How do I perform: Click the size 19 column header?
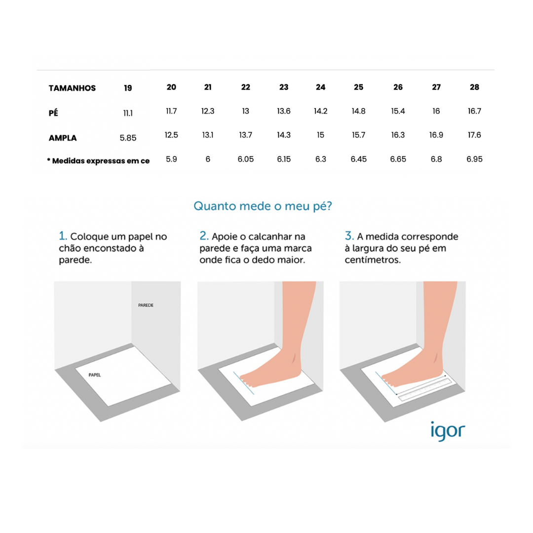coord(128,88)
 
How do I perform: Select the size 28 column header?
coord(474,87)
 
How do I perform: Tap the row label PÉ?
coord(53,113)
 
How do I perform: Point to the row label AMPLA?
coord(63,138)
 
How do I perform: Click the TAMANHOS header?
coord(72,88)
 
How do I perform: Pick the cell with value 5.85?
coord(128,138)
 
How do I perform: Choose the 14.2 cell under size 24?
coord(321,111)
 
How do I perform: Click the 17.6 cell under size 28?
coord(474,135)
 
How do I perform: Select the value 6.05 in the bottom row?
coord(245,159)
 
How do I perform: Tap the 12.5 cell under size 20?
coord(171,135)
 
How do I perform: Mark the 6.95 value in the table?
coord(474,159)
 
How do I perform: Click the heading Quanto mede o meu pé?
coord(263,206)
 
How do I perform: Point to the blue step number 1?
coord(63,235)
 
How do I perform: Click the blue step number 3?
coord(349,235)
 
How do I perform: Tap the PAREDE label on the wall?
coord(146,305)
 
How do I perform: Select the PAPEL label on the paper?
coord(94,375)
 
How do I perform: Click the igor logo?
coord(448,431)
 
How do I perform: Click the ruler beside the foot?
coord(425,389)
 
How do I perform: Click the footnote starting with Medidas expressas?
coord(98,161)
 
